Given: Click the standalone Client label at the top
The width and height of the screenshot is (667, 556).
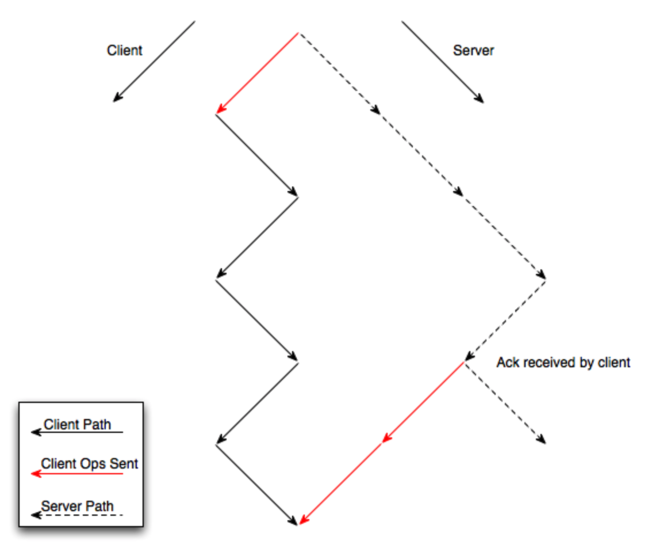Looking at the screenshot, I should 124,51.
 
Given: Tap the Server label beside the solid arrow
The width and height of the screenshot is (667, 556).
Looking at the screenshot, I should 473,51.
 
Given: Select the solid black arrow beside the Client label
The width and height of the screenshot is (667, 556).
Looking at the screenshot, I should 154,62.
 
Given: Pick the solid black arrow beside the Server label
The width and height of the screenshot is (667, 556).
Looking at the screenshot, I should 443,62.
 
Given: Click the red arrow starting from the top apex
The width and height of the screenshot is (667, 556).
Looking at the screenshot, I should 257,74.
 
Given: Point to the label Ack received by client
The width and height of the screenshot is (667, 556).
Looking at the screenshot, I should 563,363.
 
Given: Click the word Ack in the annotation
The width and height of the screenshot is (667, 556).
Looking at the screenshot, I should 506,363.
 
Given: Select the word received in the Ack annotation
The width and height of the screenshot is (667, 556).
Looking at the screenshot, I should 546,363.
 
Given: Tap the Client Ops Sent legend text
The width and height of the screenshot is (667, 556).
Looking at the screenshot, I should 89,463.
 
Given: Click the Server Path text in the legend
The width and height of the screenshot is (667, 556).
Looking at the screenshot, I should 77,507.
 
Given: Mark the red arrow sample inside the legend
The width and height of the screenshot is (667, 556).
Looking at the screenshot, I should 77,474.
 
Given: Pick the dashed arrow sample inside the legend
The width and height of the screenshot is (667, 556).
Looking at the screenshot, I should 77,515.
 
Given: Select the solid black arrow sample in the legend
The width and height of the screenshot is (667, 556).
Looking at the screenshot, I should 77,432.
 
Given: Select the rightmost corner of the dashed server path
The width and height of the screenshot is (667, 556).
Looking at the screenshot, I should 545,279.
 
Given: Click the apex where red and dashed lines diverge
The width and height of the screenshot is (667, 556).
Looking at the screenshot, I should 298,33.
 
